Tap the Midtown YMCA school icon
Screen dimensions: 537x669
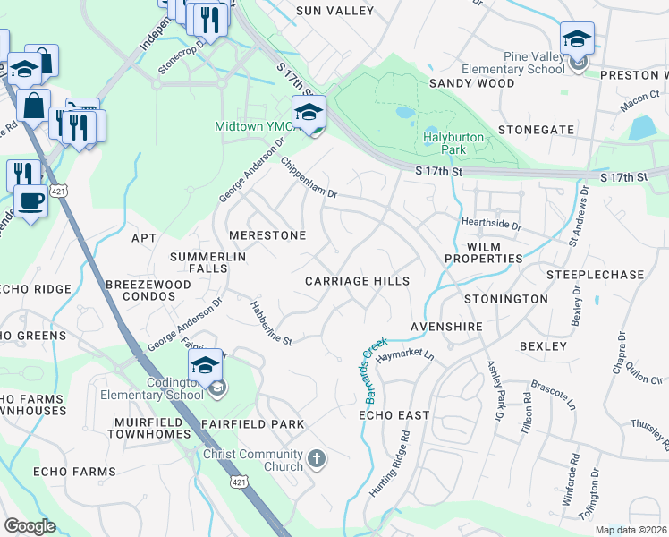point(309,113)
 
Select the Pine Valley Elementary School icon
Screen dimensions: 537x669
point(577,40)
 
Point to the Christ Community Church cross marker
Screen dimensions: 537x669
point(315,460)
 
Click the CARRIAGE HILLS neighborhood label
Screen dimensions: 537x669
point(357,281)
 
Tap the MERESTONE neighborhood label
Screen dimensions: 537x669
point(267,235)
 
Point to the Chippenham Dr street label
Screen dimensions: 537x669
point(309,180)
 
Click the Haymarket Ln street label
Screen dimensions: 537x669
point(404,356)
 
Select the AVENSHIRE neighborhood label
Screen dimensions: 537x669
point(447,327)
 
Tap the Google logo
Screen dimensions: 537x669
point(30,526)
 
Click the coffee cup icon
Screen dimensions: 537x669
point(30,201)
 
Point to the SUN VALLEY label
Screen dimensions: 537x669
point(334,11)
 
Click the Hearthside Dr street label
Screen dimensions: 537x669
point(492,222)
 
